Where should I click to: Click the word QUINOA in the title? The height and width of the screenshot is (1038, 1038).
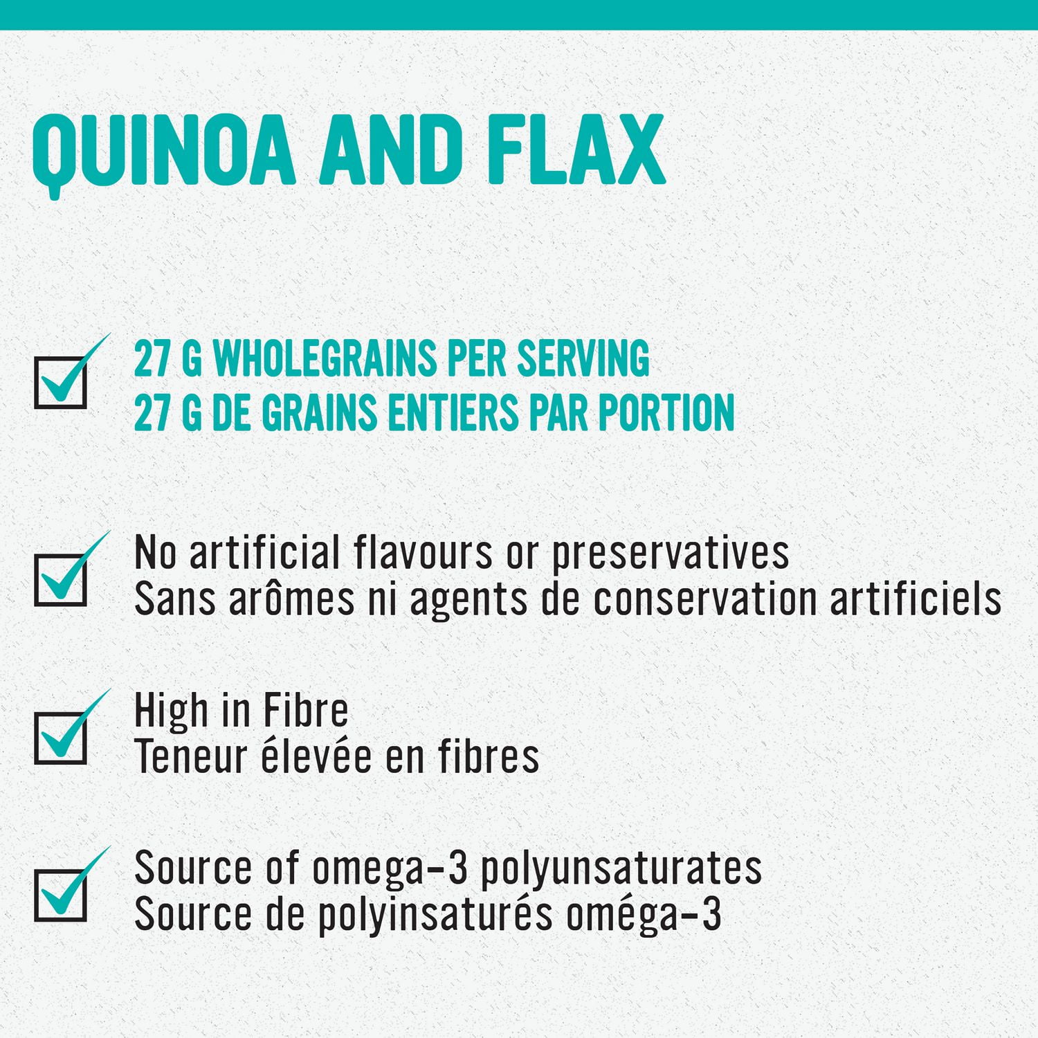163,151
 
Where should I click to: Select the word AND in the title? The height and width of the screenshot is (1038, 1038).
391,151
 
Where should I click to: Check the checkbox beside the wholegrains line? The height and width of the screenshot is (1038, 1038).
61,382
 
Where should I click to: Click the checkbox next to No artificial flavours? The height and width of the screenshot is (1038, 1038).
61,580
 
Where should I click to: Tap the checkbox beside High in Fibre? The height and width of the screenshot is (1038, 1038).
61,738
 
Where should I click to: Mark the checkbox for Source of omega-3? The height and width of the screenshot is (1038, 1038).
61,895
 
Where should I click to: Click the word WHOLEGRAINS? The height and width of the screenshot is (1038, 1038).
325,358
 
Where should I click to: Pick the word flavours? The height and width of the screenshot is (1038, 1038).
423,553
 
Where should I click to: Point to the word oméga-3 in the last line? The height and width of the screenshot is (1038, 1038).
644,915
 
